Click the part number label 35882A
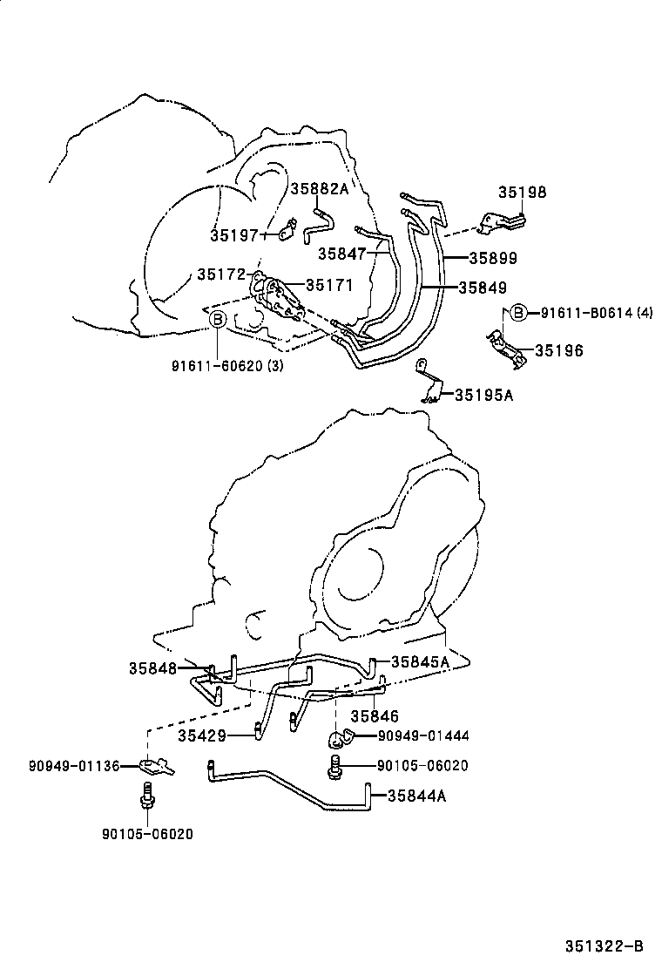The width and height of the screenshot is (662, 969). pyautogui.click(x=319, y=189)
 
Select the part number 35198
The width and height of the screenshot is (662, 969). pyautogui.click(x=523, y=193)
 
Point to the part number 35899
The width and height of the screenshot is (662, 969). pyautogui.click(x=493, y=258)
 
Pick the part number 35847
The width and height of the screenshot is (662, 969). pyautogui.click(x=341, y=253)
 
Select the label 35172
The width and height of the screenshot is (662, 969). pyautogui.click(x=220, y=274)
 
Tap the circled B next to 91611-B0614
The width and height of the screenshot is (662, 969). pyautogui.click(x=517, y=313)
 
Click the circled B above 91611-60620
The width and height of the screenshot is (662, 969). pyautogui.click(x=218, y=321)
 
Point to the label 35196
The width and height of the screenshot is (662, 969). pyautogui.click(x=559, y=350)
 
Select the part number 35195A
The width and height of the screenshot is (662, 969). pyautogui.click(x=483, y=395)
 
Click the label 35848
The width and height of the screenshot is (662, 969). pyautogui.click(x=153, y=668)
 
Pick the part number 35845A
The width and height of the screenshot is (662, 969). pyautogui.click(x=420, y=661)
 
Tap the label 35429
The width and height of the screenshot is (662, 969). pyautogui.click(x=202, y=735)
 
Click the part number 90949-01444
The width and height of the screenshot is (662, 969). pyautogui.click(x=422, y=736)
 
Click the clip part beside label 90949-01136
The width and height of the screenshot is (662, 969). pyautogui.click(x=158, y=766)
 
